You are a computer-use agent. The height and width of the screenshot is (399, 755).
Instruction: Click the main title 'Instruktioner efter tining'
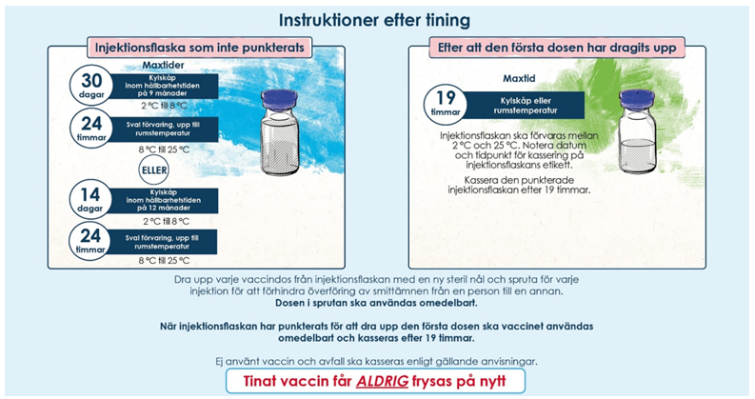(x=374, y=20)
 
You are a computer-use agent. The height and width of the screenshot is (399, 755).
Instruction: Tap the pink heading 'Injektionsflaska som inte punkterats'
(x=199, y=48)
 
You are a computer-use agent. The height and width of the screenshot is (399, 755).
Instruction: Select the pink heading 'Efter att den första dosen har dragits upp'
(x=557, y=48)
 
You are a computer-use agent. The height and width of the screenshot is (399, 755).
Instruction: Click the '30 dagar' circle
(x=91, y=86)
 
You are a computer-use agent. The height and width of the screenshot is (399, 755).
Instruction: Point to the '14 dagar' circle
(x=91, y=200)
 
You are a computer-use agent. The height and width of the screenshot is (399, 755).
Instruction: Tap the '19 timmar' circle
(x=445, y=105)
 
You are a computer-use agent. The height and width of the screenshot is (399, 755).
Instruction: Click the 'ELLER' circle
(x=154, y=170)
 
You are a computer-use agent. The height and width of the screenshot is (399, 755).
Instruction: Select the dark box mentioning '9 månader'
(x=163, y=86)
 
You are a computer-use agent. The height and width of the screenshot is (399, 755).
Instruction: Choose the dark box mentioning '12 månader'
(x=163, y=200)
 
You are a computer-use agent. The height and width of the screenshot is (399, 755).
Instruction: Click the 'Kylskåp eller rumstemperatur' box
(x=525, y=106)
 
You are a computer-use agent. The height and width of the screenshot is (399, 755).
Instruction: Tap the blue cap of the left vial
(x=278, y=99)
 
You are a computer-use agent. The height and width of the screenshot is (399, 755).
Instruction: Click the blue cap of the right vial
(x=637, y=99)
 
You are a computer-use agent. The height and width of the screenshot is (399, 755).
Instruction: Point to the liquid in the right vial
(x=637, y=155)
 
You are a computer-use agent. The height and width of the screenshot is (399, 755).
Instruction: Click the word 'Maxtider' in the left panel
(x=163, y=65)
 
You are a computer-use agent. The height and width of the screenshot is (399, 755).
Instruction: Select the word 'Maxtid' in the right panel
(x=519, y=78)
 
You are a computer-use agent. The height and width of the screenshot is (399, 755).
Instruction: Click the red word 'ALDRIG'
(x=383, y=382)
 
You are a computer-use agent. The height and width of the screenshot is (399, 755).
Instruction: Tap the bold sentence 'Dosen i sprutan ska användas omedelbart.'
(x=376, y=303)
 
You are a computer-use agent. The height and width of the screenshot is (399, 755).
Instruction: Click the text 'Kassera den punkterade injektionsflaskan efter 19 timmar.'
(x=519, y=185)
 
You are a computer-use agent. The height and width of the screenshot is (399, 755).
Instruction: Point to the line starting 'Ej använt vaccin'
(x=376, y=362)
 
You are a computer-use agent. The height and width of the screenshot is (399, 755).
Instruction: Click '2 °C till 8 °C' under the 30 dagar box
(x=163, y=106)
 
